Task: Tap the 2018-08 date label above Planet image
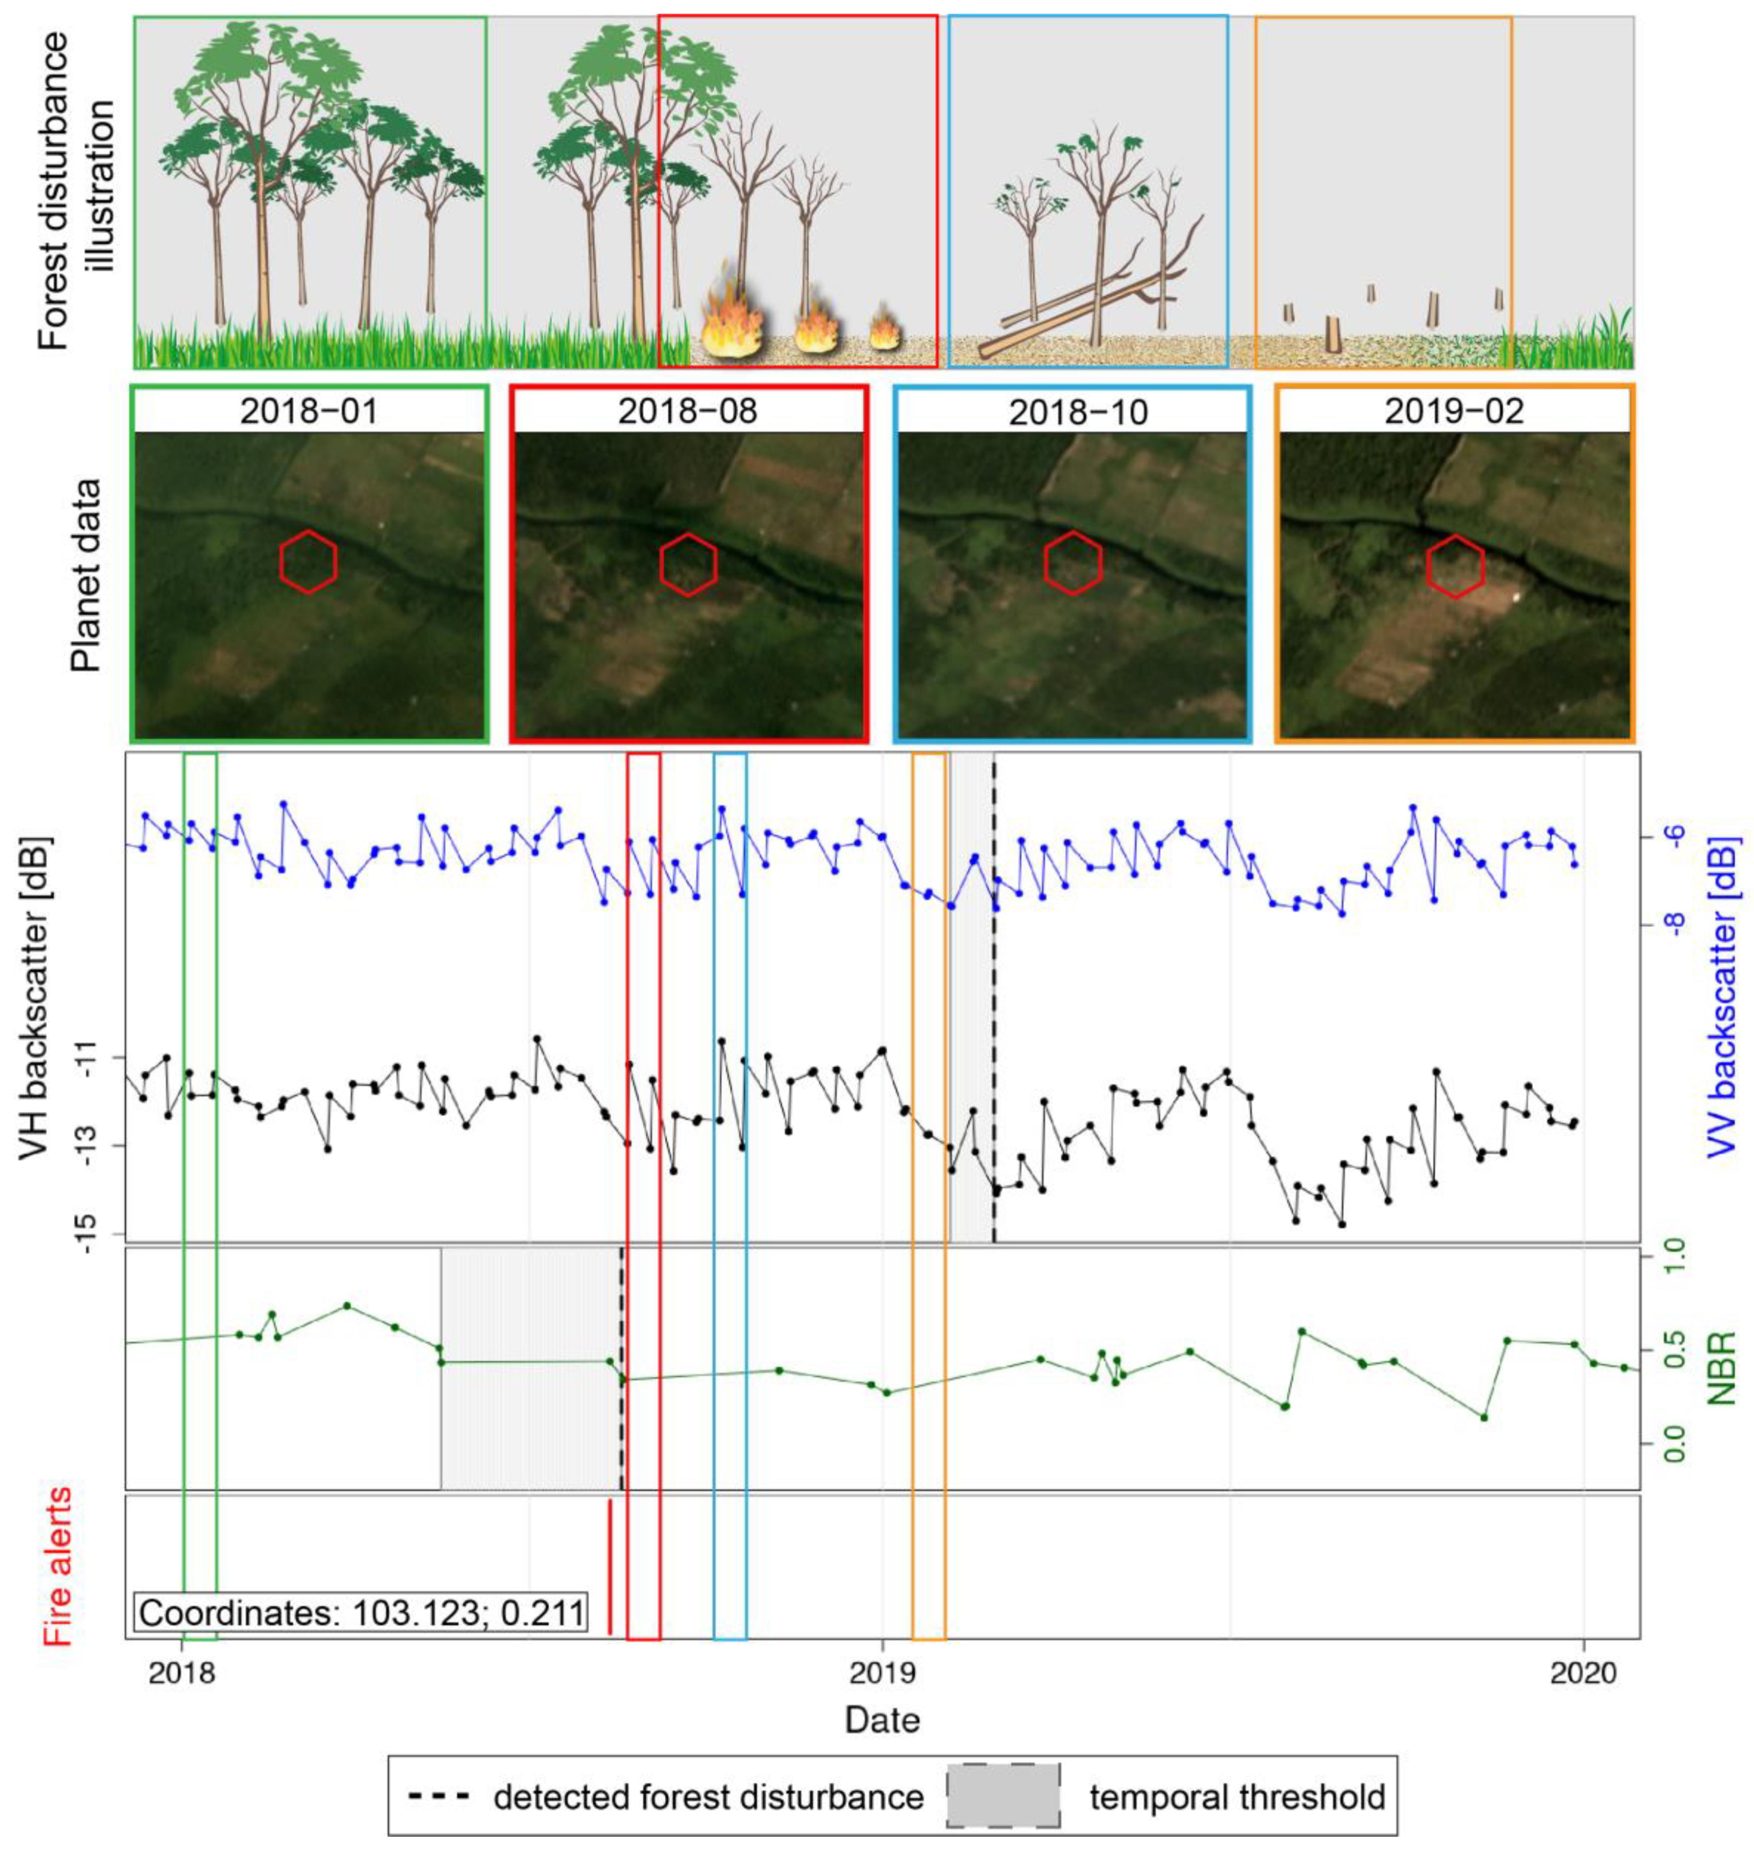click(688, 411)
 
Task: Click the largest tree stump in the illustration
click(1332, 334)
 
